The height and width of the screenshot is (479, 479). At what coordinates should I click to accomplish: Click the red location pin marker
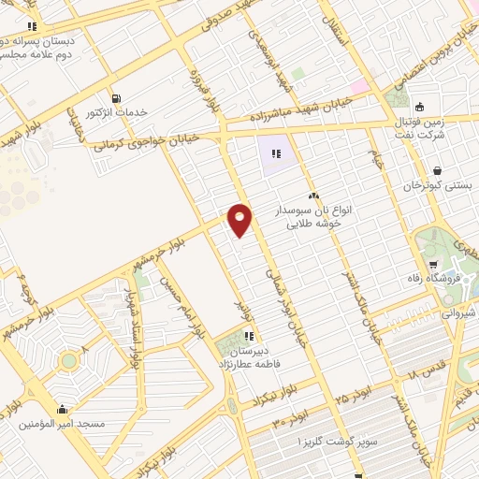tap(240, 220)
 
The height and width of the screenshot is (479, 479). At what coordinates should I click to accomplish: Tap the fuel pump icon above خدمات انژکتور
tap(116, 98)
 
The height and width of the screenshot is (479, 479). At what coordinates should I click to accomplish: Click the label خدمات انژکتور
tap(117, 112)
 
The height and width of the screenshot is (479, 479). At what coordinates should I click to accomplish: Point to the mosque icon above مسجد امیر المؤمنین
tap(63, 409)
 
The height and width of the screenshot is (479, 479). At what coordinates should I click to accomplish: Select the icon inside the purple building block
tap(276, 153)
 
